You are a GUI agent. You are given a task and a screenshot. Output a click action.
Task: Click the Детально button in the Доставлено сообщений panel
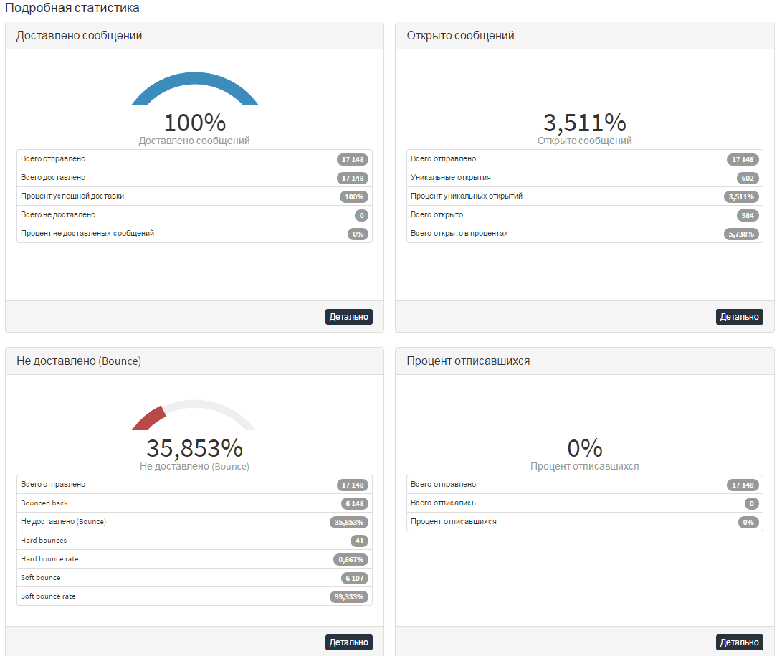click(x=348, y=317)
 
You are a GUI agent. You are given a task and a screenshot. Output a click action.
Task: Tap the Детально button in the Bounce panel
click(x=348, y=642)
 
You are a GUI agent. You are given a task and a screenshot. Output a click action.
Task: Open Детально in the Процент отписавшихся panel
click(x=739, y=642)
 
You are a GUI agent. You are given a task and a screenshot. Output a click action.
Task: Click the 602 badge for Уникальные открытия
click(x=747, y=178)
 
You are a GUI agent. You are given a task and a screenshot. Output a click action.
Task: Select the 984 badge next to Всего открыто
click(x=747, y=216)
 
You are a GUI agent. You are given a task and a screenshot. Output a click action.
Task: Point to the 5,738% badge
click(x=740, y=234)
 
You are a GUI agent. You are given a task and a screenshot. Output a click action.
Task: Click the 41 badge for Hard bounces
click(x=359, y=541)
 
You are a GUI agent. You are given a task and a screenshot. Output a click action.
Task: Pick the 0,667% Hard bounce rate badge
click(x=351, y=560)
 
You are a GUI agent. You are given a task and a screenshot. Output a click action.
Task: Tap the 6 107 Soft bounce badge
click(x=355, y=578)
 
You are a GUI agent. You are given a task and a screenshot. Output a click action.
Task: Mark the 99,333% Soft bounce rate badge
click(x=348, y=596)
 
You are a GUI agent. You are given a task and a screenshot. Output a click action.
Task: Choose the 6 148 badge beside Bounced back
click(x=355, y=504)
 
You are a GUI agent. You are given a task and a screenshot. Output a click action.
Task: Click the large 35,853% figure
click(x=194, y=448)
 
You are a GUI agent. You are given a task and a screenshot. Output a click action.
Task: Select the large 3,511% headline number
click(x=584, y=123)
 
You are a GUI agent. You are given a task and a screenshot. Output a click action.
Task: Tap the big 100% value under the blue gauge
click(x=194, y=123)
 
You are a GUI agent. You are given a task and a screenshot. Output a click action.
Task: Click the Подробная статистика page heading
click(x=72, y=8)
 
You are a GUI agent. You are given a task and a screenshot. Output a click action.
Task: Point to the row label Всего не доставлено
click(x=58, y=214)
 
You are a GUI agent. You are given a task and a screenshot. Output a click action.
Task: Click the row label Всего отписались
click(x=443, y=503)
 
